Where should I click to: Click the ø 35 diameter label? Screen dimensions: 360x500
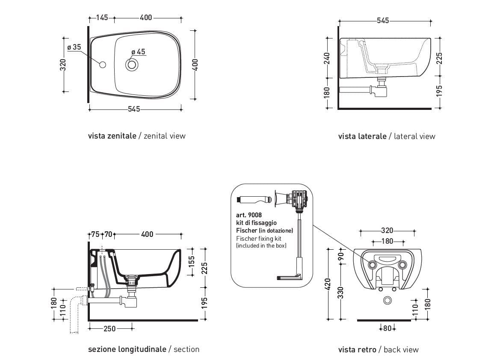click(x=74, y=47)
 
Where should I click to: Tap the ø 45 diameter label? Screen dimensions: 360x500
click(x=138, y=52)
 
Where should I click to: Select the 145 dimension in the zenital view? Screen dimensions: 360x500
click(x=102, y=18)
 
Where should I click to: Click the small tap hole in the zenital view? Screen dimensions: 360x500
click(x=102, y=65)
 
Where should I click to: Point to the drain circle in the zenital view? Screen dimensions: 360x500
click(x=132, y=65)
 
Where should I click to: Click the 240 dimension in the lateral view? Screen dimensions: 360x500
click(x=327, y=58)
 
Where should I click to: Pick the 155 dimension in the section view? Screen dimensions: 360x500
click(x=192, y=260)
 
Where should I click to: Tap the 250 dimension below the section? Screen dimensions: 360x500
click(x=109, y=328)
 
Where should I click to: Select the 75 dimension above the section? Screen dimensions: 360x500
click(x=95, y=234)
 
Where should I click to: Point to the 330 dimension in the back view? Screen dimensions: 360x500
click(x=341, y=292)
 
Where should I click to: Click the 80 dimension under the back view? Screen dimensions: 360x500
click(x=388, y=328)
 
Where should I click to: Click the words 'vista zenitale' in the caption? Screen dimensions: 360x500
click(x=112, y=136)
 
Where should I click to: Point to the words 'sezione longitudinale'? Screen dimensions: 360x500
click(x=127, y=349)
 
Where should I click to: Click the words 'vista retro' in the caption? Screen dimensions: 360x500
click(x=357, y=350)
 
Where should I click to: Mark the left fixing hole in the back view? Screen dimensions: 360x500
click(x=372, y=265)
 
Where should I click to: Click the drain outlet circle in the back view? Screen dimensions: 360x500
click(x=388, y=301)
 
